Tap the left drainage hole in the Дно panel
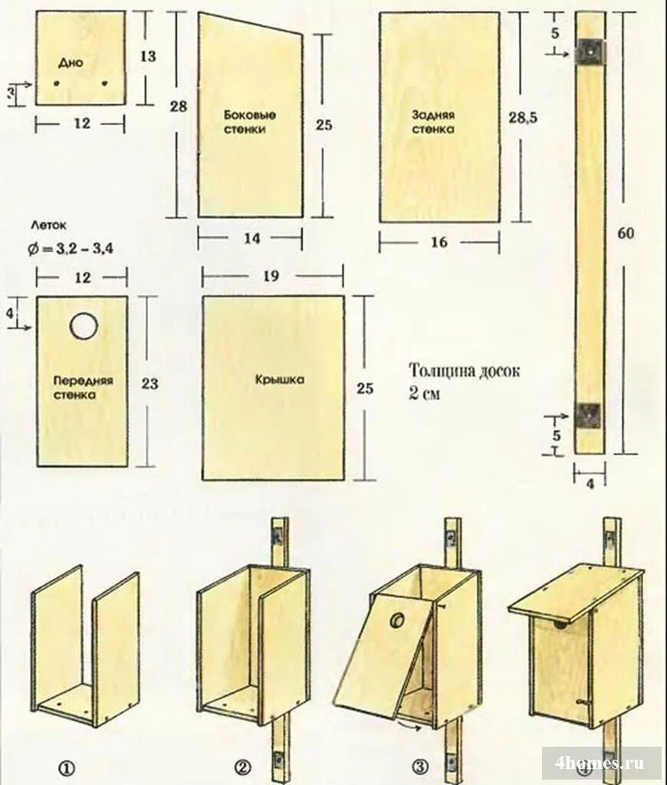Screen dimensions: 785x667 point(58,84)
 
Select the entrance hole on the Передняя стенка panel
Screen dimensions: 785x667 point(83,327)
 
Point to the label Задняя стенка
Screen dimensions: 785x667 point(433,122)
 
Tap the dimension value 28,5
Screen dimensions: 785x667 point(523,116)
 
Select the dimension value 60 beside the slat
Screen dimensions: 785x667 point(626,234)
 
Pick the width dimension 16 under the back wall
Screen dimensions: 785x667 point(439,242)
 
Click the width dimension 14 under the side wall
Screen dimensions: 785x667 point(251,238)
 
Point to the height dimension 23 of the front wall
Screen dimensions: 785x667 point(149,383)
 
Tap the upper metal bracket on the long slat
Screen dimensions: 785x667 point(591,51)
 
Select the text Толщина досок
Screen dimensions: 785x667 point(465,372)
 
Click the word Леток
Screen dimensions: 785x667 point(50,226)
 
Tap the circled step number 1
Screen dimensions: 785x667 point(67,766)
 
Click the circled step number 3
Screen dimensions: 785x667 point(420,766)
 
